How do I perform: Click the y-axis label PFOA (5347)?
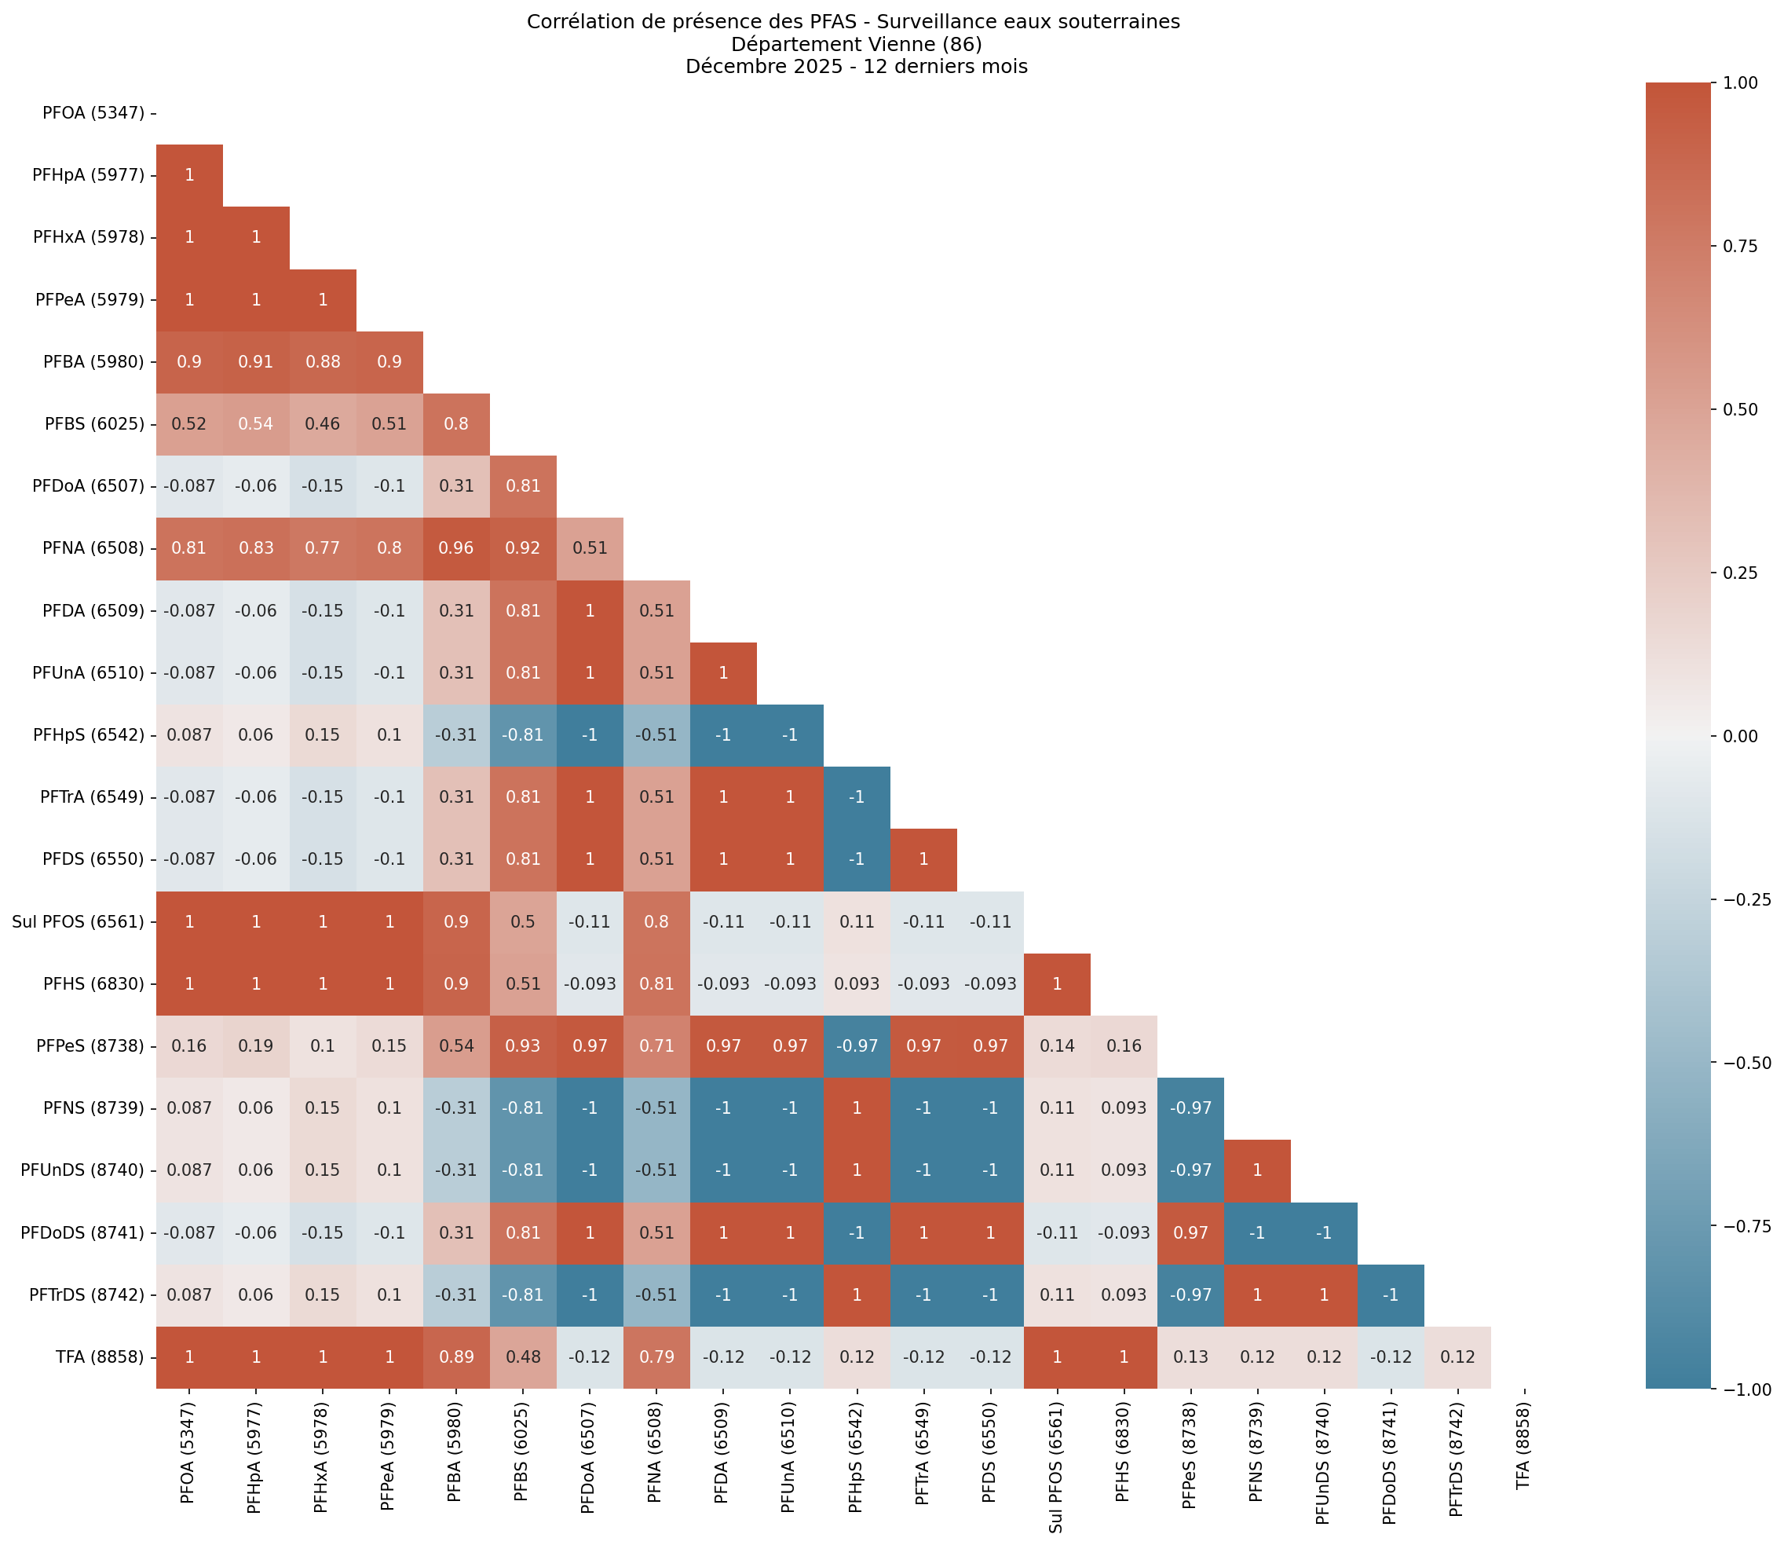[x=93, y=113]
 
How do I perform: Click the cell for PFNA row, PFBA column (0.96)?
[x=456, y=548]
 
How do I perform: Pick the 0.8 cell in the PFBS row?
[x=456, y=424]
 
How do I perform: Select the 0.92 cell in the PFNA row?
[x=523, y=548]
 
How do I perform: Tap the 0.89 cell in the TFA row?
[x=456, y=1357]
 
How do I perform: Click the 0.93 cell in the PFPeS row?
[x=523, y=1045]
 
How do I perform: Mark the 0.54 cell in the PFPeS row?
[x=456, y=1045]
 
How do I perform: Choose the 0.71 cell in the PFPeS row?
[x=656, y=1045]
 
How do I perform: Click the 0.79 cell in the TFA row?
[x=656, y=1357]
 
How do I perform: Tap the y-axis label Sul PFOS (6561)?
[x=78, y=921]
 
